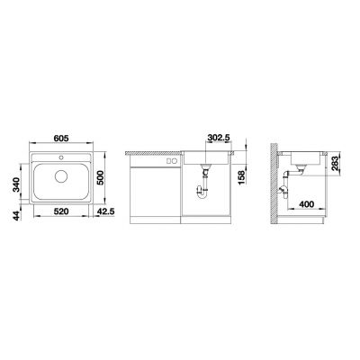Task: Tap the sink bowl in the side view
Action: click(302, 164)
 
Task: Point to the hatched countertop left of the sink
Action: click(153, 152)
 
